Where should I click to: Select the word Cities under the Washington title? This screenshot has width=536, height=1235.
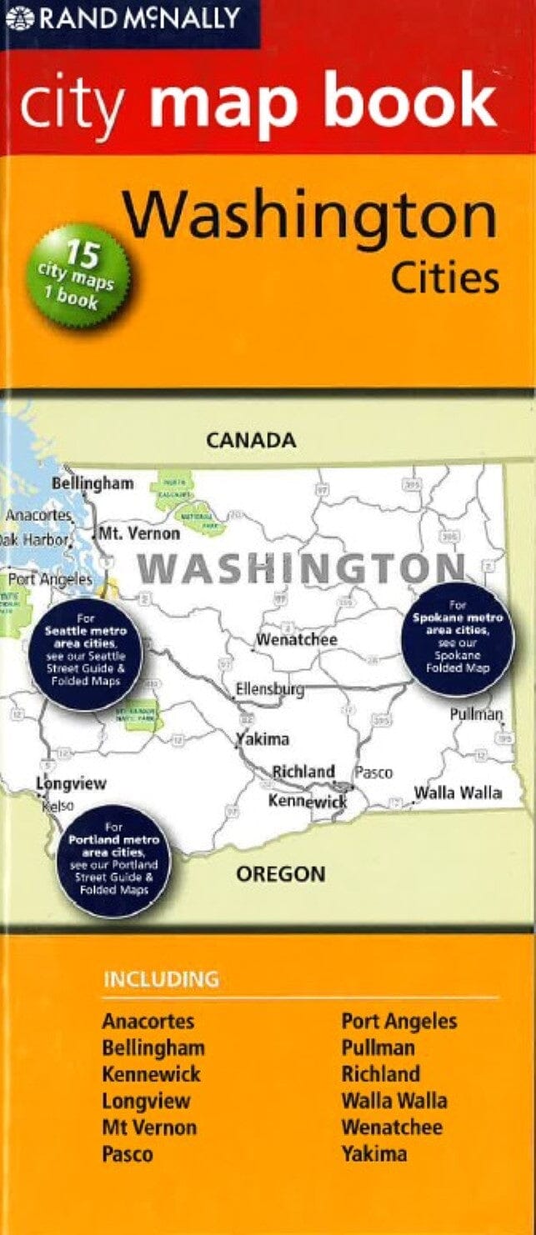pos(446,279)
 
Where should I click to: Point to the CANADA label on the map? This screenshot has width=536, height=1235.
pos(251,440)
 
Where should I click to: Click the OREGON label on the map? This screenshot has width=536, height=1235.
pos(280,874)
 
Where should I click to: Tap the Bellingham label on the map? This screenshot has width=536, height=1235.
pos(93,483)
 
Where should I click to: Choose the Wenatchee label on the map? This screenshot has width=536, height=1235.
pos(296,640)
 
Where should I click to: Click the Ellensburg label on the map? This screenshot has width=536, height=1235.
pos(269,690)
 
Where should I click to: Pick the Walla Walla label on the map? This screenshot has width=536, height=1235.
pos(458,792)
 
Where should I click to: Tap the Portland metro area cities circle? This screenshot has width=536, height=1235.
pos(113,859)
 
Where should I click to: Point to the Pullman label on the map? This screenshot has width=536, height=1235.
pos(476,714)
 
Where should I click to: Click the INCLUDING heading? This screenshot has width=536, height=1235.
pos(161,979)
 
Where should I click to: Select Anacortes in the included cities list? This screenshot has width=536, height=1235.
pos(148,1021)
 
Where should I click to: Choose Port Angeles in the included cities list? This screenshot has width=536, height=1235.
pos(398,1021)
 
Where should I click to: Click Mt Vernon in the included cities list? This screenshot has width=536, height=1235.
pos(149,1127)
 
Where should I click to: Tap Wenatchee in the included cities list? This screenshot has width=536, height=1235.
pos(391,1127)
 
